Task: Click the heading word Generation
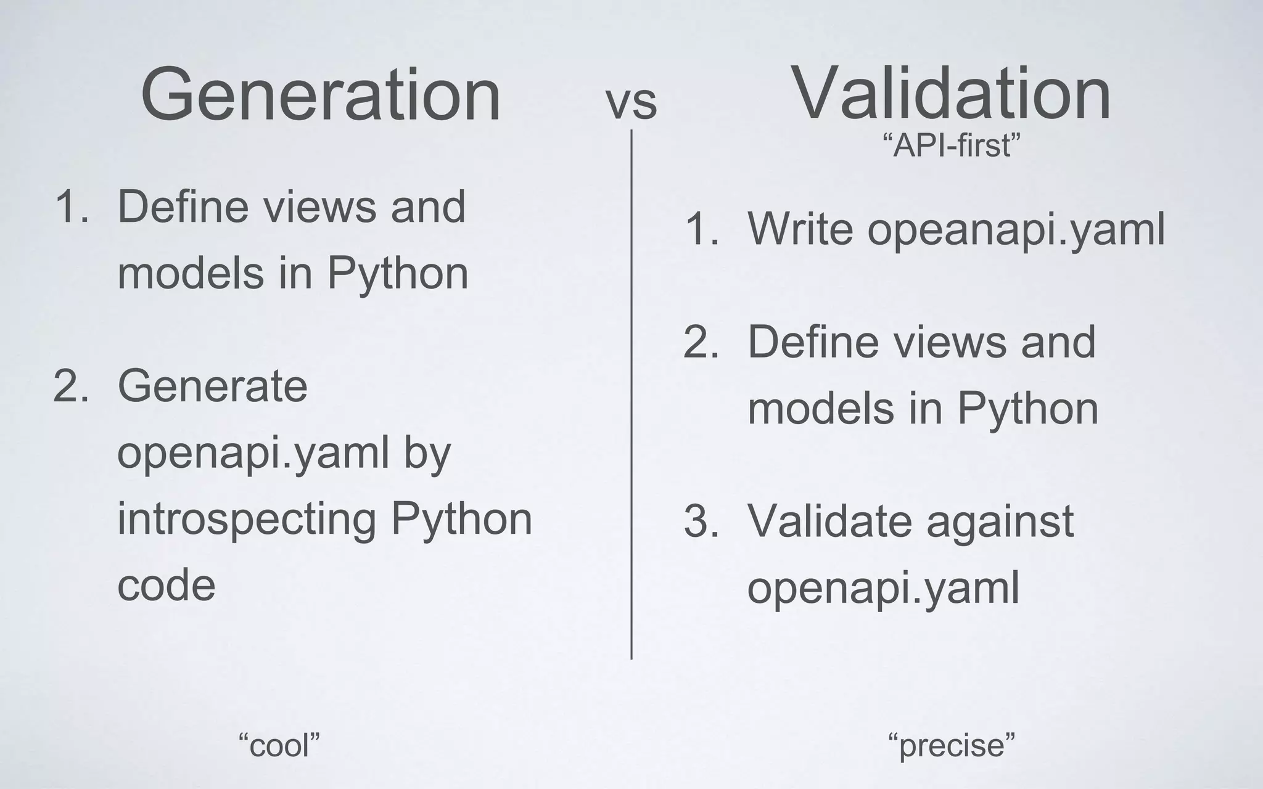(321, 96)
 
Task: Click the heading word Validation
(950, 94)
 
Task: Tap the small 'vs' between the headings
(631, 104)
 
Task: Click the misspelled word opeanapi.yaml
(1016, 229)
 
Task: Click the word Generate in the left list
(212, 386)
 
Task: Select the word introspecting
(247, 519)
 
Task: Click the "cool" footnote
(279, 745)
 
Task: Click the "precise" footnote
(951, 745)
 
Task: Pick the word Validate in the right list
(829, 521)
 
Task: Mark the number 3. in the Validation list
(701, 521)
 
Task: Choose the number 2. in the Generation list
(71, 387)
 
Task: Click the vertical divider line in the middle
(631, 394)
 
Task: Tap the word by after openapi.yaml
(427, 454)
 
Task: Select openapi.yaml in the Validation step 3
(883, 588)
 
